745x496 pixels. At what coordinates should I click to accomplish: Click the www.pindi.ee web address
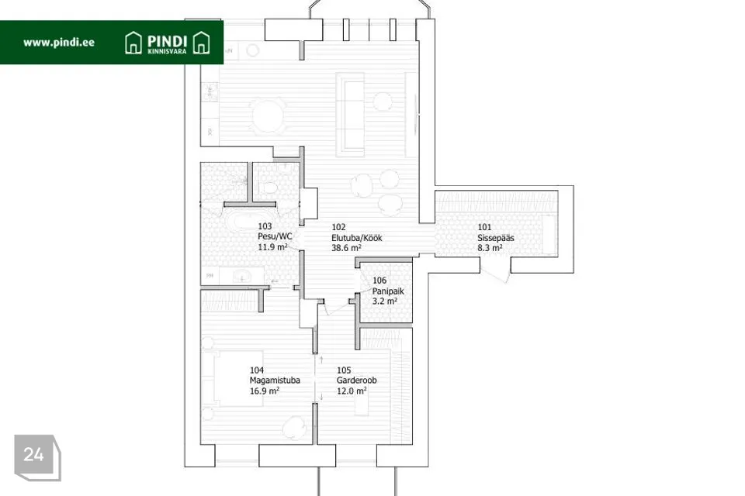tap(59, 43)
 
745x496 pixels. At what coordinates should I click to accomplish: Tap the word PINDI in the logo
tap(167, 41)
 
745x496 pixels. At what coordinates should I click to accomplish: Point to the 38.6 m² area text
tap(346, 248)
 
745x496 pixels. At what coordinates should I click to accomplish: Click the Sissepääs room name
tap(496, 238)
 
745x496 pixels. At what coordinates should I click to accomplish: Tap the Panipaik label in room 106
tap(388, 291)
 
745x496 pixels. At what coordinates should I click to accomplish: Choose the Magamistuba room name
tap(275, 381)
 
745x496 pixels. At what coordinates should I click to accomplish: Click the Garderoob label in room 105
tap(356, 381)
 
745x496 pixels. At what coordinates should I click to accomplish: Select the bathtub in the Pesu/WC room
tap(243, 222)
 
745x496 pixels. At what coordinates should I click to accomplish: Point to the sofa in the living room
tap(350, 115)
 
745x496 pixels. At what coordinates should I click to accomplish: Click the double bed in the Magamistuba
tap(232, 378)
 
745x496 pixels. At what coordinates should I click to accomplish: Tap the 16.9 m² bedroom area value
tap(264, 391)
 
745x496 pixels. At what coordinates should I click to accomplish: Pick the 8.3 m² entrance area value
tap(490, 248)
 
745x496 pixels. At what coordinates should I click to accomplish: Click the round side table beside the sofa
tap(383, 101)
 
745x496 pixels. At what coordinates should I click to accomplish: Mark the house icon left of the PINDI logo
tap(133, 43)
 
